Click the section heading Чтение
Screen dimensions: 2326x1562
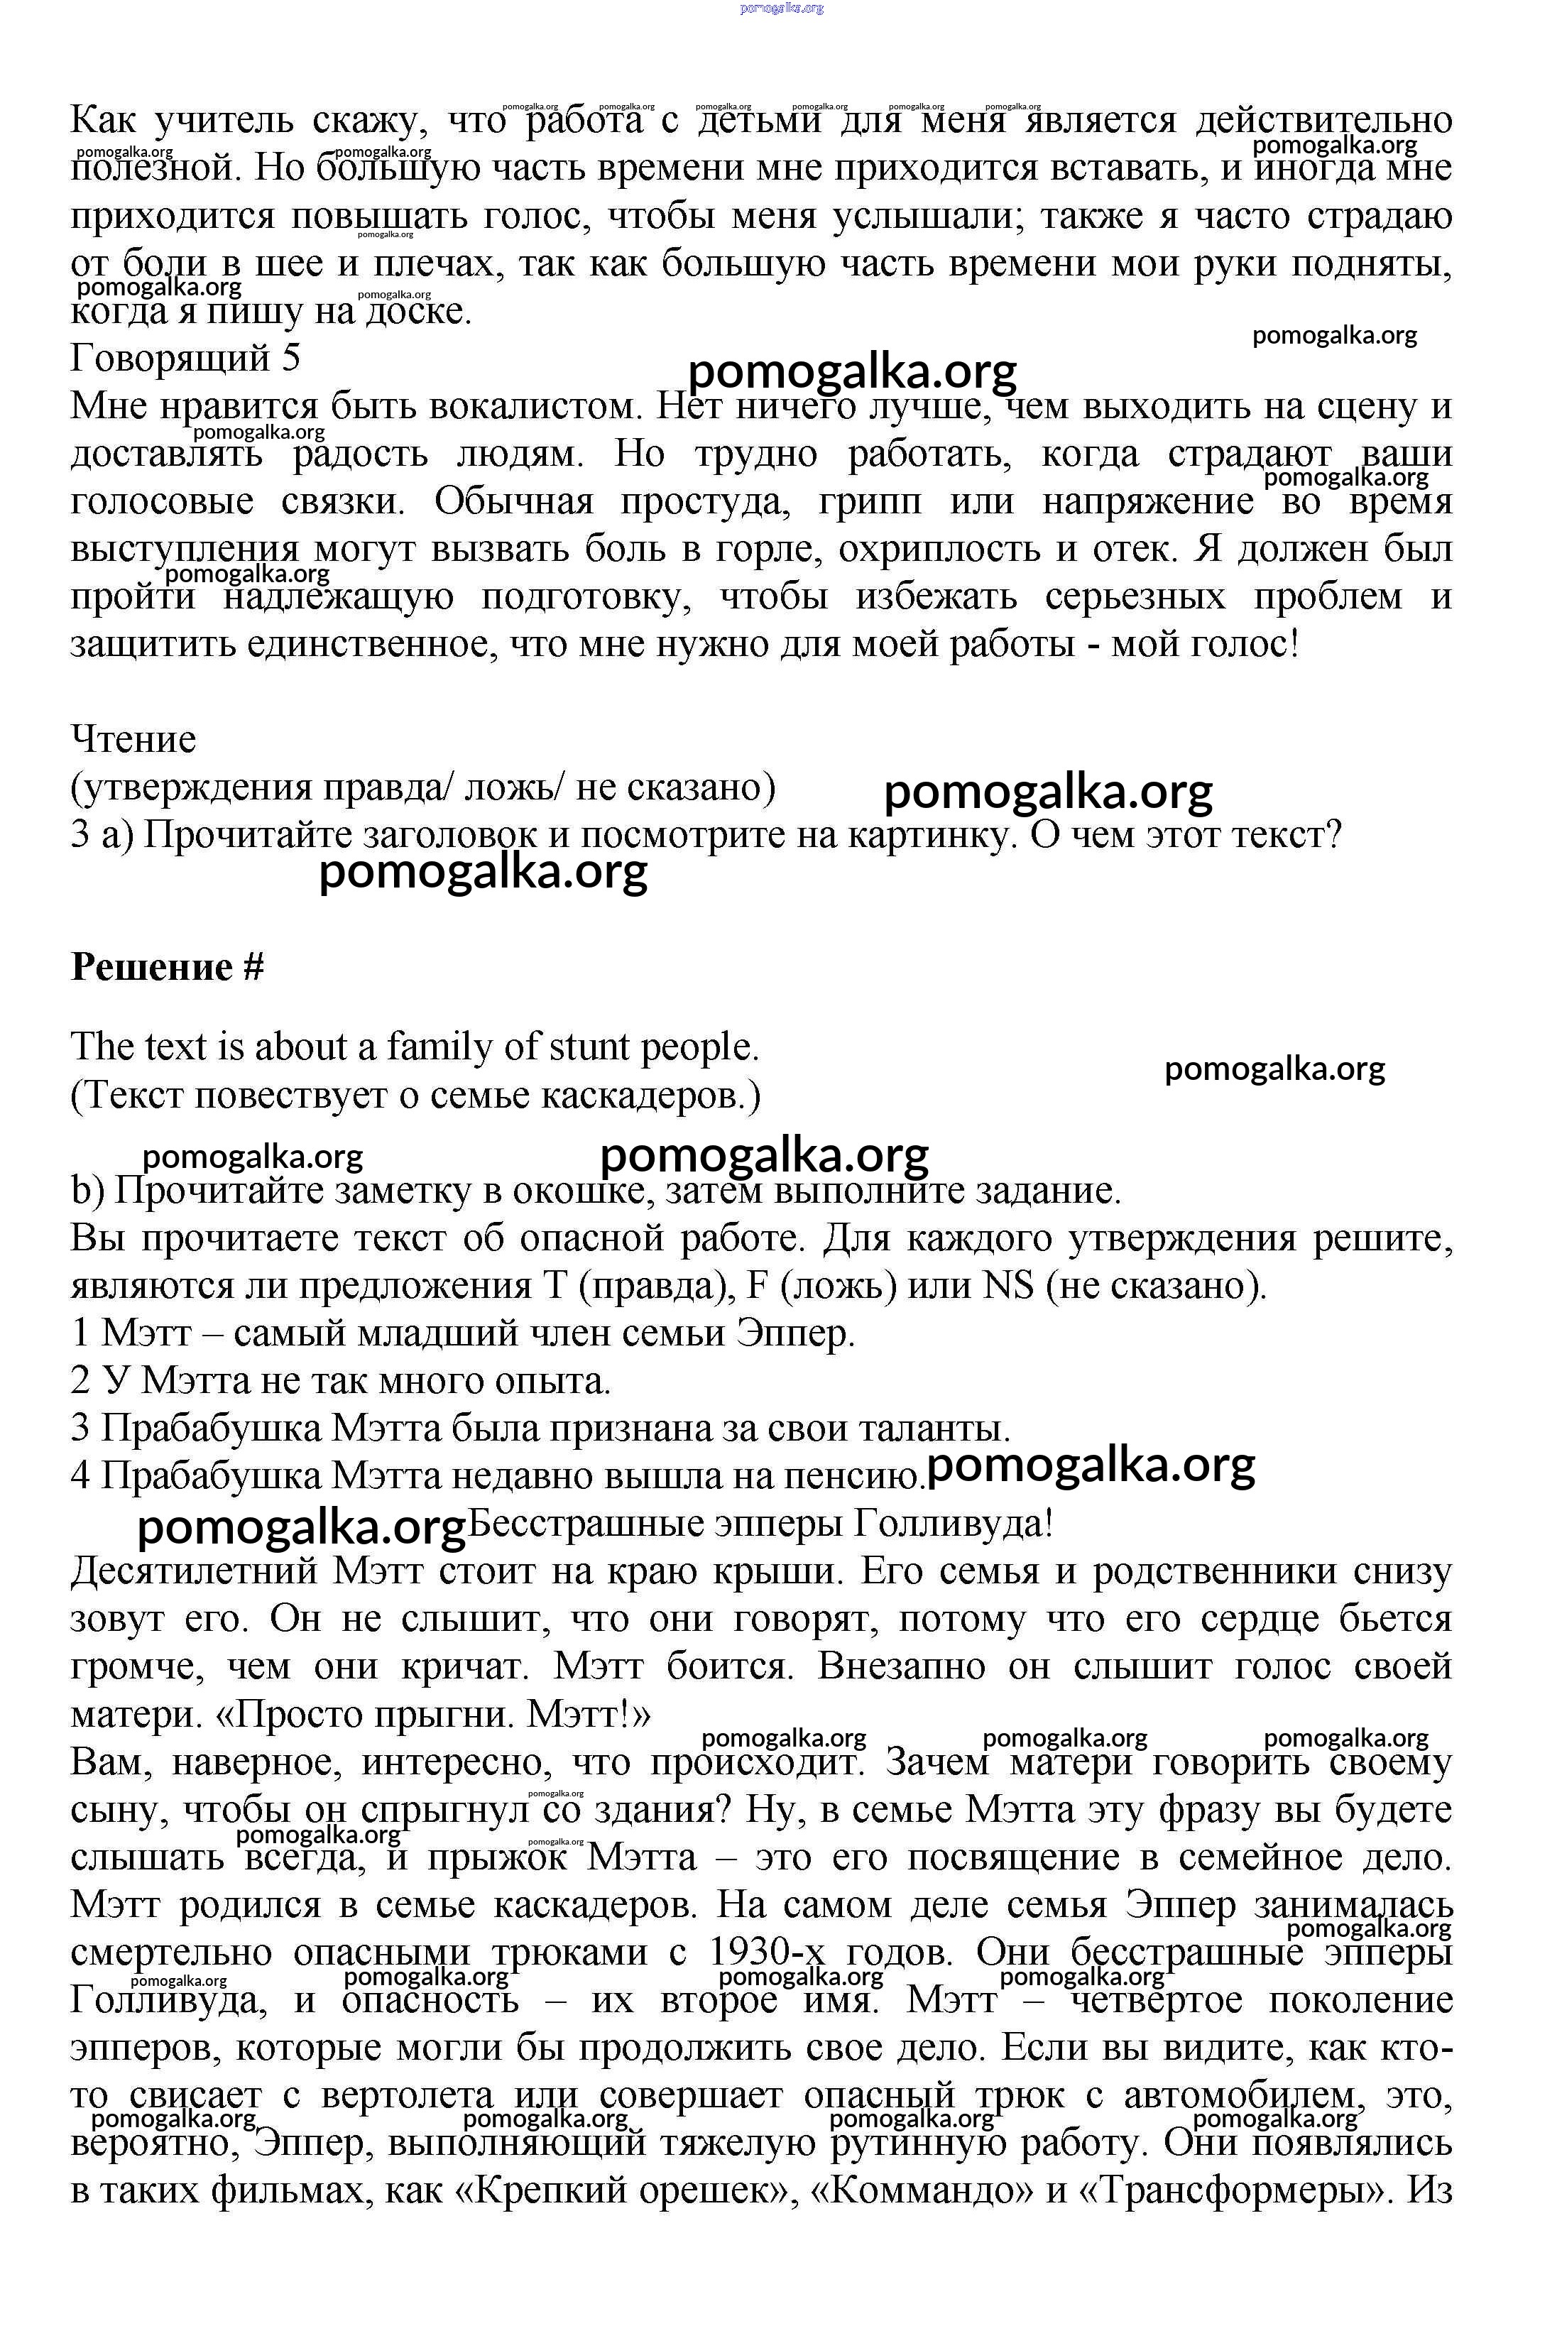133,739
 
